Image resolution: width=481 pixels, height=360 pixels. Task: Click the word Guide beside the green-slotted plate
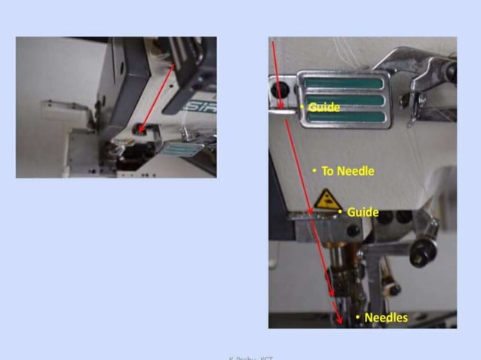coord(324,107)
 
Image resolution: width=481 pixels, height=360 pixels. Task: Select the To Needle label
coord(348,171)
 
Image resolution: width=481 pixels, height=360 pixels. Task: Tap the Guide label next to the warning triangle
coord(363,212)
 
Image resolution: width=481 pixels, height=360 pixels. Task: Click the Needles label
coord(385,317)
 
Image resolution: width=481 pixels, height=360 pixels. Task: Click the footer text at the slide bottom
coord(251,357)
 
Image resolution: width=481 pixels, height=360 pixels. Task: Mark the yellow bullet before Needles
coord(357,317)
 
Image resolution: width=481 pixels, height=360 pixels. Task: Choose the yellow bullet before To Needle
coord(314,171)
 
